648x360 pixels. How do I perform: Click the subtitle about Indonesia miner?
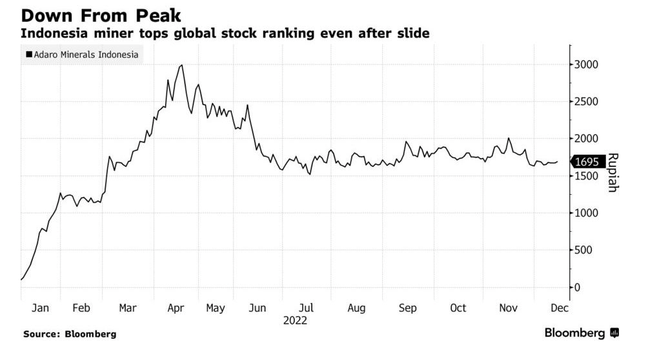225,33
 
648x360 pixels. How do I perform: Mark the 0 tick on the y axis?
578,287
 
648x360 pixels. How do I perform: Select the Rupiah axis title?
613,172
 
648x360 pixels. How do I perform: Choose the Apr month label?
176,308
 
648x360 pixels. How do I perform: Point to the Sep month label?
407,308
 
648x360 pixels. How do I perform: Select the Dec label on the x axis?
559,308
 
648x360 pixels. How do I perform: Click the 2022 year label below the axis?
294,320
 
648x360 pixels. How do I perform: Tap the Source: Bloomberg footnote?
70,334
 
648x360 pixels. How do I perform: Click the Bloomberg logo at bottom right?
581,333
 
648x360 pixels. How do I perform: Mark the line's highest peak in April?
182,65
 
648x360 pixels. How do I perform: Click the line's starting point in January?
21,279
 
